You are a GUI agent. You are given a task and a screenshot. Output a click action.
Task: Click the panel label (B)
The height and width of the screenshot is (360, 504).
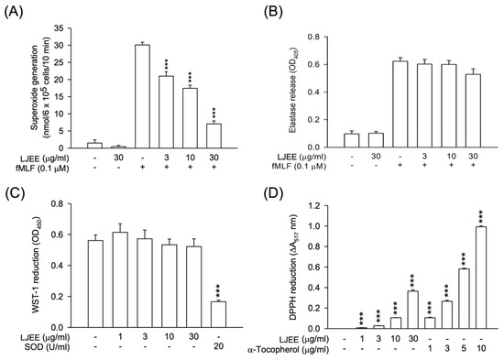pos(272,12)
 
